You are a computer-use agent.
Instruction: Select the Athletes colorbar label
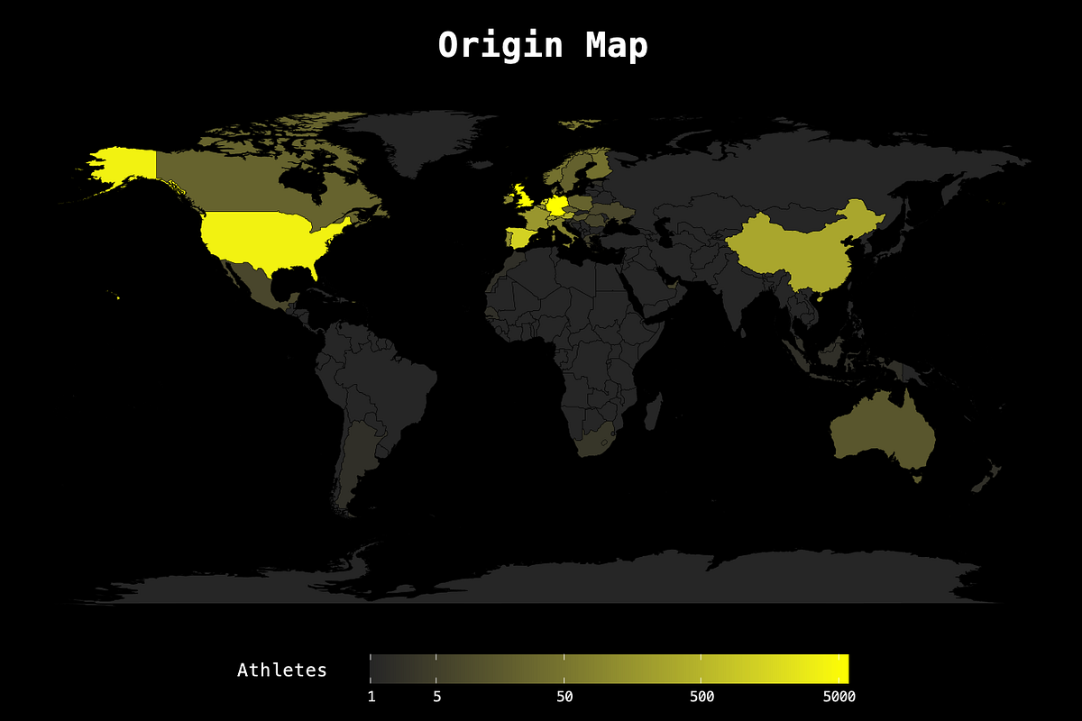click(281, 670)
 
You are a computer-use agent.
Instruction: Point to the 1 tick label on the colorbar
click(371, 697)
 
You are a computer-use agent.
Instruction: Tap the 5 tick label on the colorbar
click(437, 697)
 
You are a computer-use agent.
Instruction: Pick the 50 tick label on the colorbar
click(565, 697)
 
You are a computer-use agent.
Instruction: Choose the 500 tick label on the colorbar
click(701, 697)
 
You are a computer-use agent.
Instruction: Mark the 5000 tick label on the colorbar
click(839, 697)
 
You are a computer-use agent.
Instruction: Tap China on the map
click(793, 248)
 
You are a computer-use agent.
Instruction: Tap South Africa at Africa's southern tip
click(594, 440)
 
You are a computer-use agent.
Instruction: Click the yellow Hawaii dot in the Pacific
click(118, 296)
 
